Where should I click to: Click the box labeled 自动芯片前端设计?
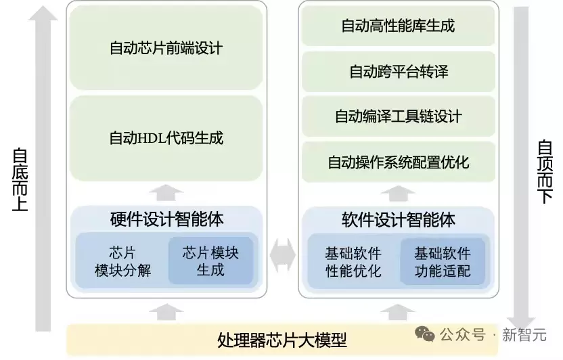tap(166, 48)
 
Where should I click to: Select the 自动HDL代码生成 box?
tap(166, 138)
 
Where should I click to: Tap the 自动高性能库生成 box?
tap(398, 26)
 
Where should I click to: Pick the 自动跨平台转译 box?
tap(398, 71)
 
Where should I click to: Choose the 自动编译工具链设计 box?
tap(398, 116)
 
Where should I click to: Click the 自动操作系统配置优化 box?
tap(398, 162)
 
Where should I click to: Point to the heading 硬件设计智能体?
tap(166, 219)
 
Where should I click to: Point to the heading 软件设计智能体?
tap(399, 219)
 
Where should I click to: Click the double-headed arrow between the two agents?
tap(281, 256)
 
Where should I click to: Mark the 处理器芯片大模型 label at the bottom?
tap(282, 339)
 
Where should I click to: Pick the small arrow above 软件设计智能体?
tap(398, 193)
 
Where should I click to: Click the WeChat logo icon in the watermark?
tap(426, 334)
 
